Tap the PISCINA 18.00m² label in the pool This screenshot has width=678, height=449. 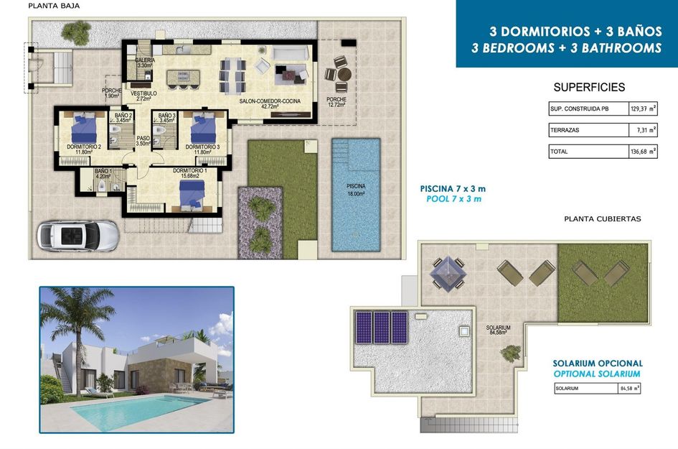click(x=356, y=189)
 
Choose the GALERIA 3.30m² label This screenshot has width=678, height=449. click(x=145, y=63)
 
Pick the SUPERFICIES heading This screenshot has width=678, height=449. click(x=589, y=88)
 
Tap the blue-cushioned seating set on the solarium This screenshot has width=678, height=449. click(x=447, y=273)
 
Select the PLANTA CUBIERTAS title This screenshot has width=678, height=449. click(x=602, y=218)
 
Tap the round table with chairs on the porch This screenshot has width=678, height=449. click(x=340, y=74)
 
